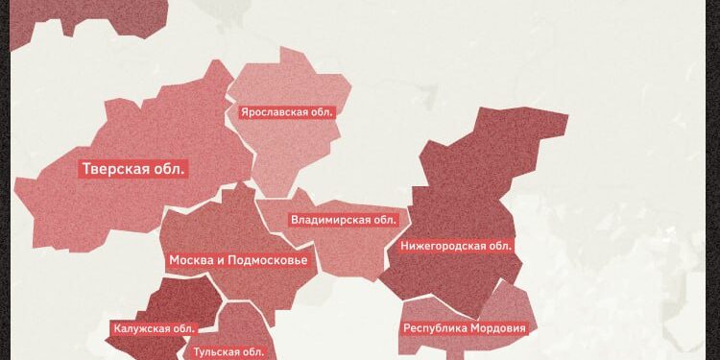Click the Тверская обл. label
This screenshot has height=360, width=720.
(134, 170)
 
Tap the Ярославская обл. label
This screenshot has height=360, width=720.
(287, 112)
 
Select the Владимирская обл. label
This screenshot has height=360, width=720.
(343, 220)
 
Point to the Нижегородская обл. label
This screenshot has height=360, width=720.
(455, 246)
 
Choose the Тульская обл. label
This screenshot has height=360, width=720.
(228, 352)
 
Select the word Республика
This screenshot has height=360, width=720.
(434, 328)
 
